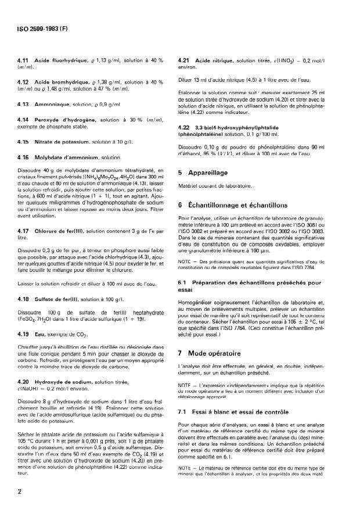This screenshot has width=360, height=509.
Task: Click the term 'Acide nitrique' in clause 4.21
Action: tap(215, 60)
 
